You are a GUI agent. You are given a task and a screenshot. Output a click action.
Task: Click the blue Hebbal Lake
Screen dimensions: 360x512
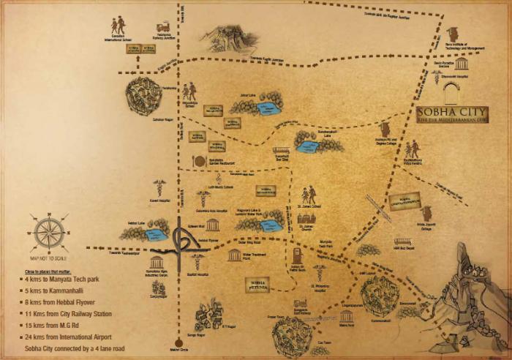(x=155, y=234)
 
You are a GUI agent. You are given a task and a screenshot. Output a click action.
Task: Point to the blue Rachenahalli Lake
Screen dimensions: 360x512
(x=308, y=146)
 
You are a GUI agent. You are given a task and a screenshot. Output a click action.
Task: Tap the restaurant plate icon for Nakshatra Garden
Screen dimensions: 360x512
(x=196, y=160)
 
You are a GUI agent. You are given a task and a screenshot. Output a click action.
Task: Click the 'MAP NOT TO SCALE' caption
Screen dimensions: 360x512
(x=49, y=258)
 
